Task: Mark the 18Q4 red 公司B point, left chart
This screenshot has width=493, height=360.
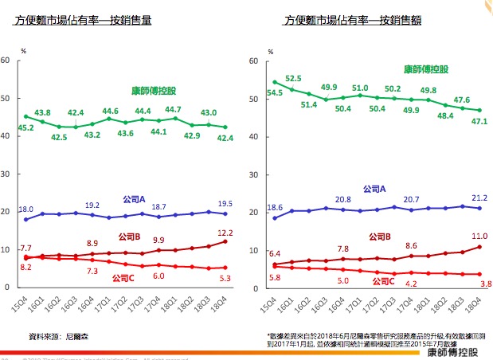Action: point(225,241)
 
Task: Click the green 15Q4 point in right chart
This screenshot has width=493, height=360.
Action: point(274,82)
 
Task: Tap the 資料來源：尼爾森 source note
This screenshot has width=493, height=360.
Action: point(55,336)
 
